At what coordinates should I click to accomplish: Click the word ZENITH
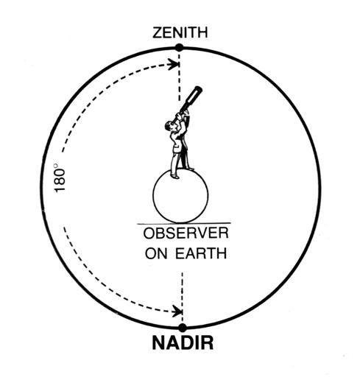180,33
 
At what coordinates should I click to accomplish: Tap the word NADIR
183,343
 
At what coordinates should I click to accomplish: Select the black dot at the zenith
180,47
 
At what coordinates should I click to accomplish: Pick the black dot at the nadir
183,328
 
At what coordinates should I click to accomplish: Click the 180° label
60,178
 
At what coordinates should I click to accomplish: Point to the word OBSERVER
186,233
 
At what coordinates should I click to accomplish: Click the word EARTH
201,253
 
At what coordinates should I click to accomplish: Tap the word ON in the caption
156,253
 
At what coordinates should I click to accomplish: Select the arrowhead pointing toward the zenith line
174,65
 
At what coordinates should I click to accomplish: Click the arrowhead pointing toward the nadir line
177,311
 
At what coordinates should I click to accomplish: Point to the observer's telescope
191,99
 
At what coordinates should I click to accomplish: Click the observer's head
170,126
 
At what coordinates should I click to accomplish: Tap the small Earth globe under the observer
180,196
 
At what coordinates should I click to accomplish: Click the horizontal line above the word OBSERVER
184,224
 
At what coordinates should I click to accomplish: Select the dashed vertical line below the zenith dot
179,77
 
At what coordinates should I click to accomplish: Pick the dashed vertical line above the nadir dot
182,297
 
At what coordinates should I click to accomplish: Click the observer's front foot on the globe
174,176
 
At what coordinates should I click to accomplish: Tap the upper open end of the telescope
198,88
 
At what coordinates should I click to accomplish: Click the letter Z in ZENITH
158,33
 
